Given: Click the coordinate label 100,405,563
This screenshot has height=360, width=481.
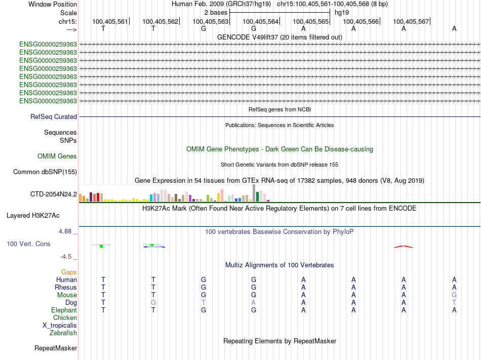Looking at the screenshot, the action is (x=211, y=21).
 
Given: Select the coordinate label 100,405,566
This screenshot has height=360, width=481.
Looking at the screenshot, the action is (x=360, y=21).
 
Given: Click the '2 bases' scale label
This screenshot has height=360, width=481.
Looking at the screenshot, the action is (x=216, y=13).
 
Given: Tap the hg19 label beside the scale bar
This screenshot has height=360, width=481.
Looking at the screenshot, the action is (x=342, y=13).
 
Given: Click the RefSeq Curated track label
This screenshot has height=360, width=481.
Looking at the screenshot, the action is (x=54, y=116).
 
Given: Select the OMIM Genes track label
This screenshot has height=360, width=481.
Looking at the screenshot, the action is (x=57, y=156).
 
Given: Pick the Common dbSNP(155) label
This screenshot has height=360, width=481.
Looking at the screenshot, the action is (x=45, y=172).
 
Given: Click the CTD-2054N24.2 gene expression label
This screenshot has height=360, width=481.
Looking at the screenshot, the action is (x=54, y=194).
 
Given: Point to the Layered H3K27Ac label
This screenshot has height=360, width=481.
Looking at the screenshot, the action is (x=33, y=216).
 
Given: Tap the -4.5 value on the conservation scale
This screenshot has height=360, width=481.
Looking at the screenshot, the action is (x=66, y=256).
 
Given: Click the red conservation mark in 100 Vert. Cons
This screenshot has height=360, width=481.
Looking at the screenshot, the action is (x=404, y=247).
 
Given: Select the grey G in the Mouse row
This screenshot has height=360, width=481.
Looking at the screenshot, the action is (x=454, y=295).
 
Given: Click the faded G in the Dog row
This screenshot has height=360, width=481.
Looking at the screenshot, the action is (x=153, y=302).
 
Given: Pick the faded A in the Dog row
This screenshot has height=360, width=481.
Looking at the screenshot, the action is (x=253, y=302).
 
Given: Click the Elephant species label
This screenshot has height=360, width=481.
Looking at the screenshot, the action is (x=64, y=310).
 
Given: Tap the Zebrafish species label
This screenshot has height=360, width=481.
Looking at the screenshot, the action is (x=63, y=333).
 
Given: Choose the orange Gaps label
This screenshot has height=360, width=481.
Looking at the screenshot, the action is (x=69, y=272).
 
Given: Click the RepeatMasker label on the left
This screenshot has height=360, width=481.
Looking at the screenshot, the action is (x=56, y=348).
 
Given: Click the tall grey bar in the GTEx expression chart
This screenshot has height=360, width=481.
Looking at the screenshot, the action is (x=254, y=193).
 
